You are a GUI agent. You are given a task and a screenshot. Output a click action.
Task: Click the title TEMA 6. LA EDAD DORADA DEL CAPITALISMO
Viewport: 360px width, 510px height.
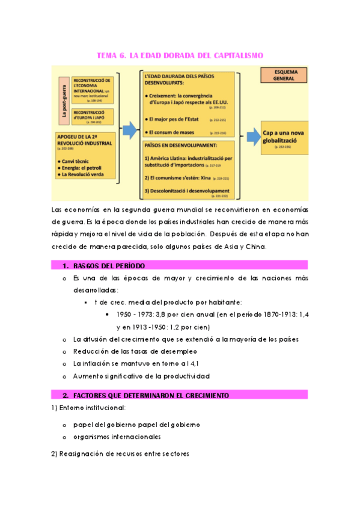click(180, 56)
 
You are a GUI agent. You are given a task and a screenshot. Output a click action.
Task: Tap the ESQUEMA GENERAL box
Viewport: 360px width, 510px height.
click(282, 75)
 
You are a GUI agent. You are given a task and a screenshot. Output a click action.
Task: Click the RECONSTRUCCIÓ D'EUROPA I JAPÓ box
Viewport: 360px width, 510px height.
click(95, 116)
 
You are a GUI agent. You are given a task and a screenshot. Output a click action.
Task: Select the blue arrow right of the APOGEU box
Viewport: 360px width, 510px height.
click(129, 130)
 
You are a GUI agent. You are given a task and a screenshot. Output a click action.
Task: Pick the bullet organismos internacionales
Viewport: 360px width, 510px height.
click(117, 437)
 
